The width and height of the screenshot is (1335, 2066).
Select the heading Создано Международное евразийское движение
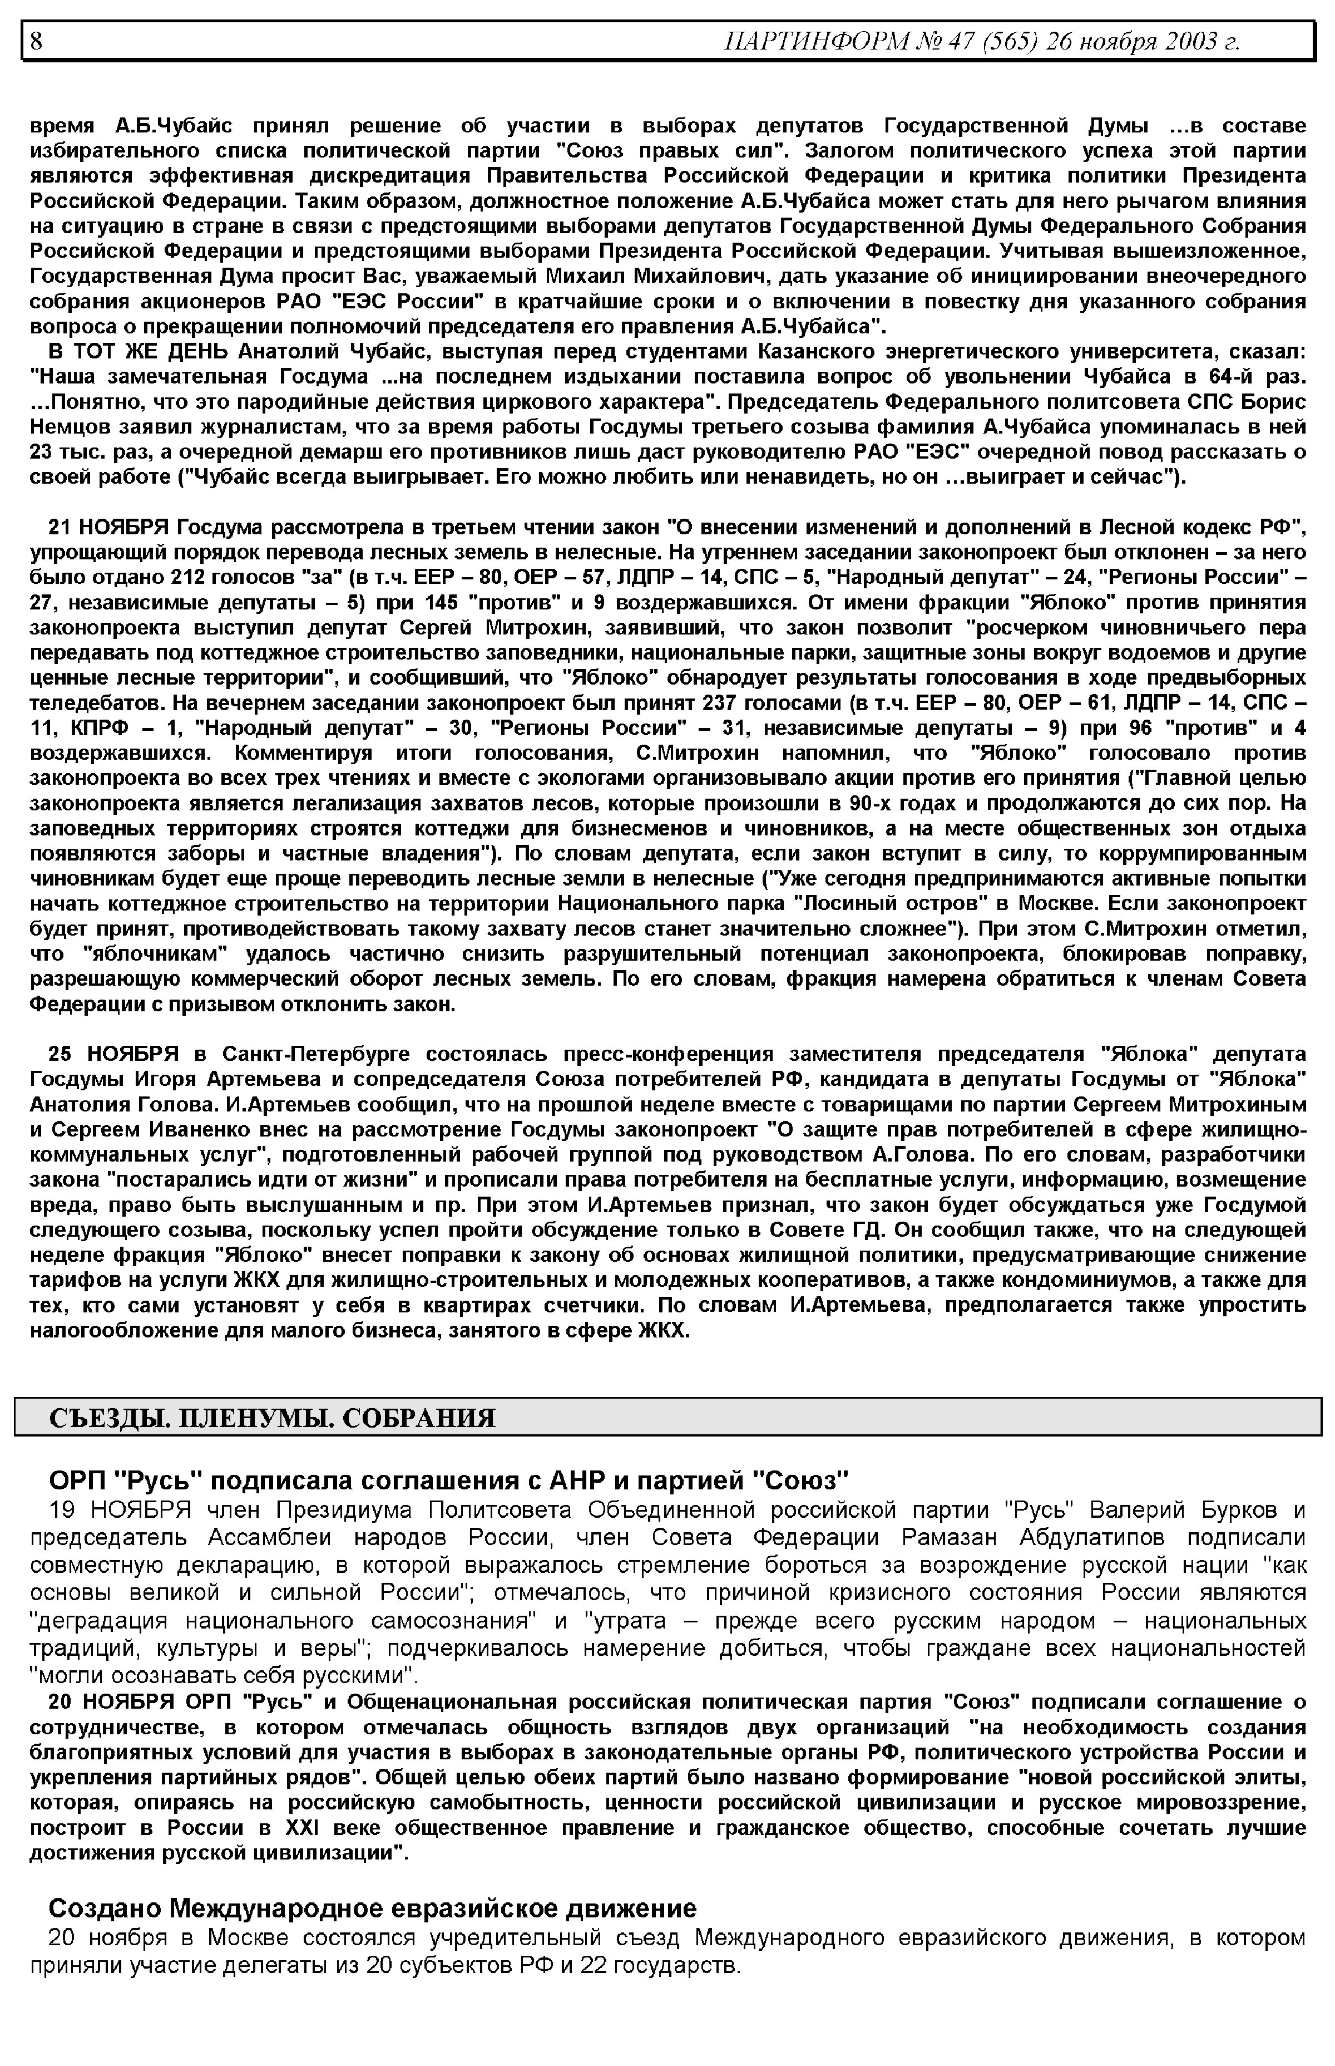(x=372, y=1908)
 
